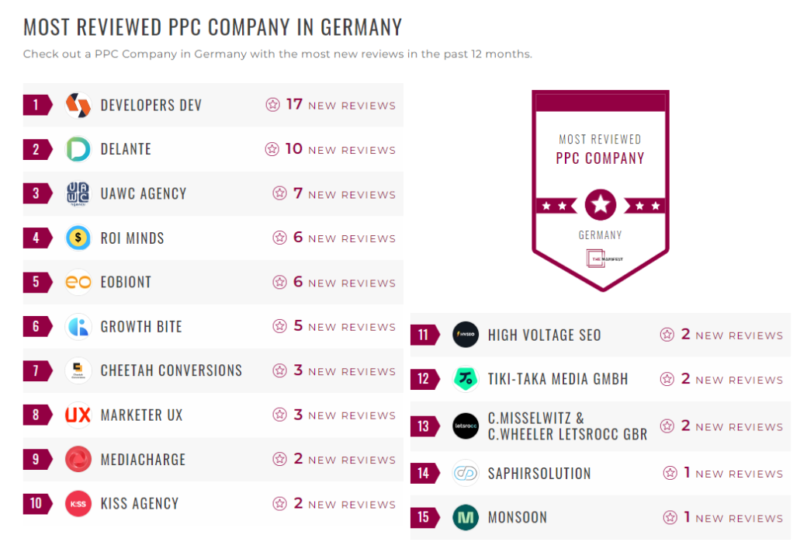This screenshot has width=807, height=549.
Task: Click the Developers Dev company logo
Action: pos(78,105)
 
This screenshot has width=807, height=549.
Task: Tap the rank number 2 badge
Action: pos(36,149)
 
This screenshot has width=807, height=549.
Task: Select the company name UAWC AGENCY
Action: pos(144,193)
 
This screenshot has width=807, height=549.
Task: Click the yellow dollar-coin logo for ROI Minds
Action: pos(78,238)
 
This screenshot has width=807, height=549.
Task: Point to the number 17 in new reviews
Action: pos(294,104)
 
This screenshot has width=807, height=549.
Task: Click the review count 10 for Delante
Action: pos(294,148)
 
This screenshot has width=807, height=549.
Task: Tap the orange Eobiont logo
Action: pos(78,282)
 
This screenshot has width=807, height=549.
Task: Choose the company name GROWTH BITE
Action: pos(141,326)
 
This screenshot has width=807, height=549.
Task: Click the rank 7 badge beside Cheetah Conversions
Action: pos(36,370)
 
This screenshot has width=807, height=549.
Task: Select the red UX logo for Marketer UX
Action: pos(78,415)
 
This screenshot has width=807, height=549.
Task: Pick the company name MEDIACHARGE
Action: pos(143,459)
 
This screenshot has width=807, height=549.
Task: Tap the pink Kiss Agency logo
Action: pos(78,503)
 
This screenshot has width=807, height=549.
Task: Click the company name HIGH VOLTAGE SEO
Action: pos(544,335)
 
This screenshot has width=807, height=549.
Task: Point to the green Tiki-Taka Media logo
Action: pos(466,379)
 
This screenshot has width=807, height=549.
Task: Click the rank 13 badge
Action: pos(423,426)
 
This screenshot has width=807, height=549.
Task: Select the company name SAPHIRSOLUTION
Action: pos(539,473)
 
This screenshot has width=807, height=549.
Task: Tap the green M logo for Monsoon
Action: pos(466,517)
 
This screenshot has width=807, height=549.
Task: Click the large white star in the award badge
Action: pos(600,206)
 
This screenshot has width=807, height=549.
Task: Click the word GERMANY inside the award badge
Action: pos(600,235)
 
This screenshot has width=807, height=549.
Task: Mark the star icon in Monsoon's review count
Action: pos(670,517)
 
